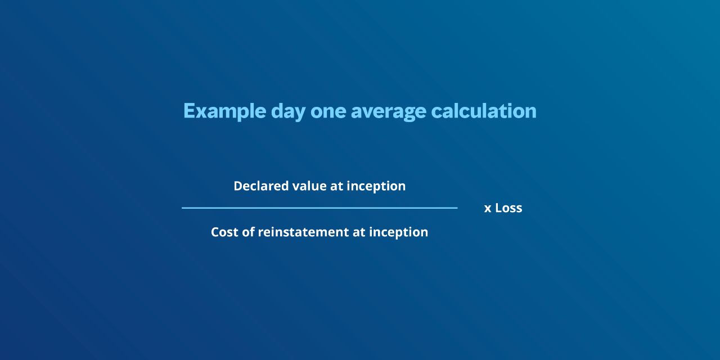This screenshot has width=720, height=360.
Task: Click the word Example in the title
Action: tap(224, 111)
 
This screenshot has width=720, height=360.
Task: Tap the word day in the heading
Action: tap(289, 111)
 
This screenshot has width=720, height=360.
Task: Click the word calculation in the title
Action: tap(484, 111)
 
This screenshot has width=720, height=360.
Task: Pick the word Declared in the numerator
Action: tap(261, 186)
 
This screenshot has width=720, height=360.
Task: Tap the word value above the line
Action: tap(309, 186)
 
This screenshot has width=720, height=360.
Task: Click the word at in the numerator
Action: tap(336, 186)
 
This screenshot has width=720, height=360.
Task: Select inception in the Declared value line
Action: tap(376, 186)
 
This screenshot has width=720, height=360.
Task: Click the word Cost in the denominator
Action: tap(224, 232)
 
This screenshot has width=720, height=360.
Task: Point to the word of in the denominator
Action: tap(248, 232)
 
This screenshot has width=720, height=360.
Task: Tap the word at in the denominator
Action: tap(359, 233)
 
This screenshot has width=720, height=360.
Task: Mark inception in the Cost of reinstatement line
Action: tap(399, 233)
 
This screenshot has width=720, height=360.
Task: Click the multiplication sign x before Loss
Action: tap(488, 209)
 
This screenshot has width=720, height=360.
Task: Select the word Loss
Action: tap(508, 208)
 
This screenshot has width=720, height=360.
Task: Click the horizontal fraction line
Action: tap(319, 208)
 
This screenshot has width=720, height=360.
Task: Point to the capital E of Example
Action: tap(190, 111)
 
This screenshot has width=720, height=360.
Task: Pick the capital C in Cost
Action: tap(215, 232)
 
